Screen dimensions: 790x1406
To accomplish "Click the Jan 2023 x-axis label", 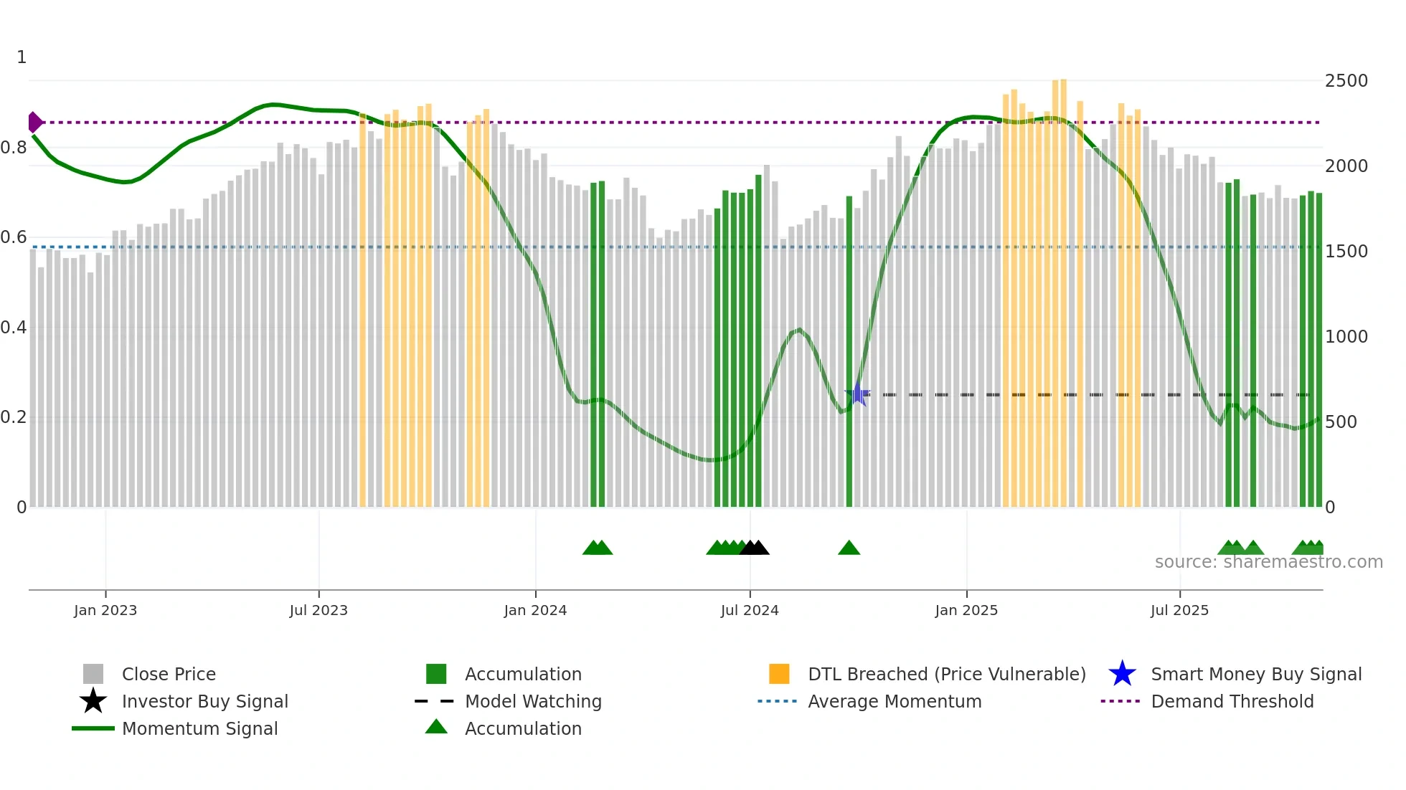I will (x=105, y=610).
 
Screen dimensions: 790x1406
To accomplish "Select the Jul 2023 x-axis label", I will (x=319, y=610).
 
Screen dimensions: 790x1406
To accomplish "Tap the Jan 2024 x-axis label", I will (x=535, y=610).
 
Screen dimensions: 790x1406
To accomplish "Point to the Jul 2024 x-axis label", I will (x=750, y=610).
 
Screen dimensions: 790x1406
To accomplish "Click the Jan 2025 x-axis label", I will (x=966, y=610).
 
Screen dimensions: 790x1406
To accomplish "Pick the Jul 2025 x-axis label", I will (x=1179, y=610).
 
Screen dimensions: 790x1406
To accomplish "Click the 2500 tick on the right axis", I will (x=1346, y=81).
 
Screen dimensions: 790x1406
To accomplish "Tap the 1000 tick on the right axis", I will (x=1346, y=337).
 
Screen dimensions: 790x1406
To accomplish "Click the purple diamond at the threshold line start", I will (x=34, y=123).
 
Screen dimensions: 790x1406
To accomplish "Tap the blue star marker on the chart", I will (x=857, y=394).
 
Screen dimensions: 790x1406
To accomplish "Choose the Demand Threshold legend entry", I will (x=1232, y=701).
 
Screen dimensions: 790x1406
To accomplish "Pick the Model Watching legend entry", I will (x=532, y=701).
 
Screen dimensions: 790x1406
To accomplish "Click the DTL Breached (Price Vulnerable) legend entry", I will (x=946, y=674).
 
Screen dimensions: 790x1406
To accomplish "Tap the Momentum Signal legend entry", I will (x=199, y=728).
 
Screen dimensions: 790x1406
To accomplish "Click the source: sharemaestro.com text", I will (x=1268, y=562).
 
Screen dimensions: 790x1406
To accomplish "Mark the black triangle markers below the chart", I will (x=754, y=548).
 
